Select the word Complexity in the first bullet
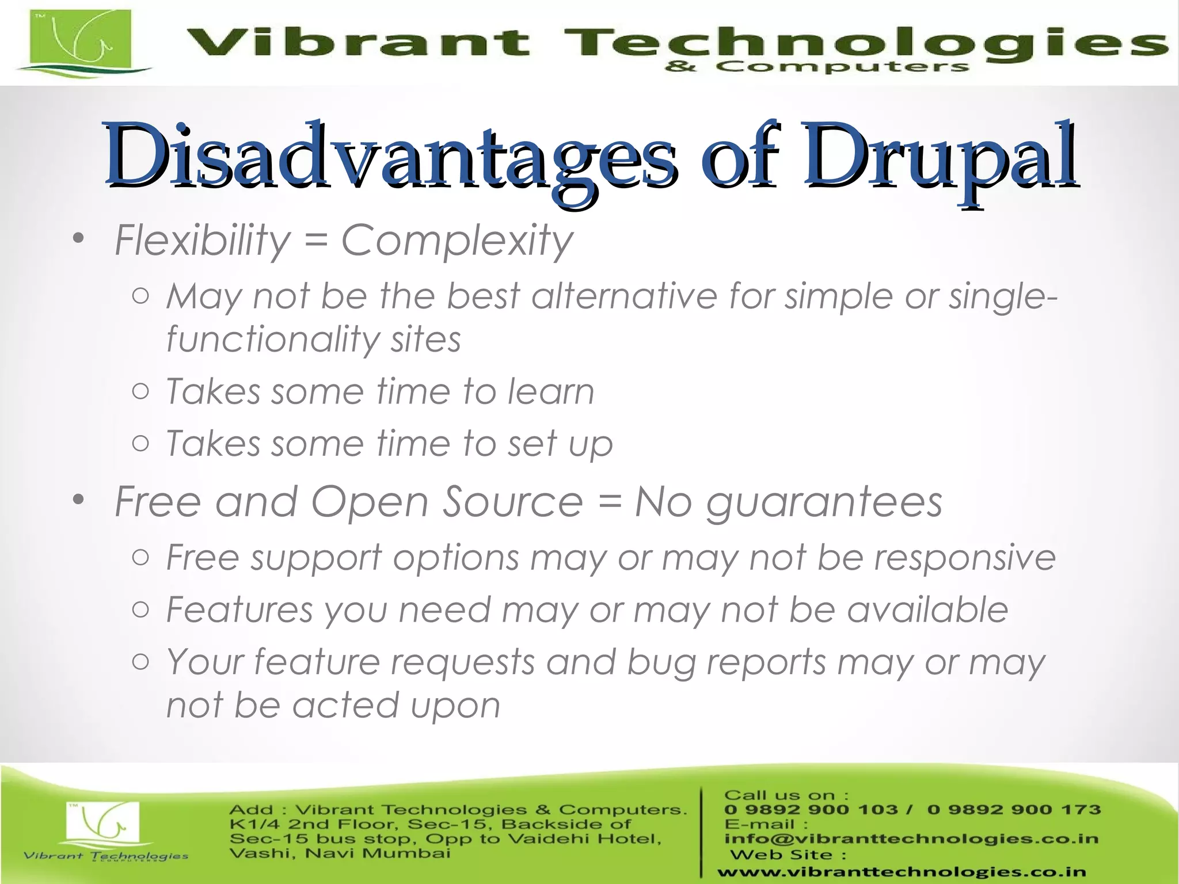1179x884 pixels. click(457, 241)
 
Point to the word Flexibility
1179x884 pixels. click(202, 241)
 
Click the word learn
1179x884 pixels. click(550, 392)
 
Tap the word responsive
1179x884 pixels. click(965, 558)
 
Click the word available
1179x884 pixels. click(927, 609)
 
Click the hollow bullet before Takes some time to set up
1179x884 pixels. click(140, 443)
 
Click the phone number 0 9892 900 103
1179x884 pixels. click(811, 810)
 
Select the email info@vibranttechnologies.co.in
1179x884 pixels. click(911, 839)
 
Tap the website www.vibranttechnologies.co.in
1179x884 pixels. click(902, 872)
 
